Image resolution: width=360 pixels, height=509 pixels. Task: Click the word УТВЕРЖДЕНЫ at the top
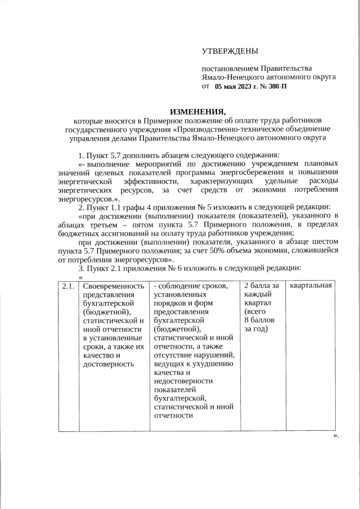[230, 52]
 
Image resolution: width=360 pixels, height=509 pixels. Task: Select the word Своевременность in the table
[110, 286]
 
